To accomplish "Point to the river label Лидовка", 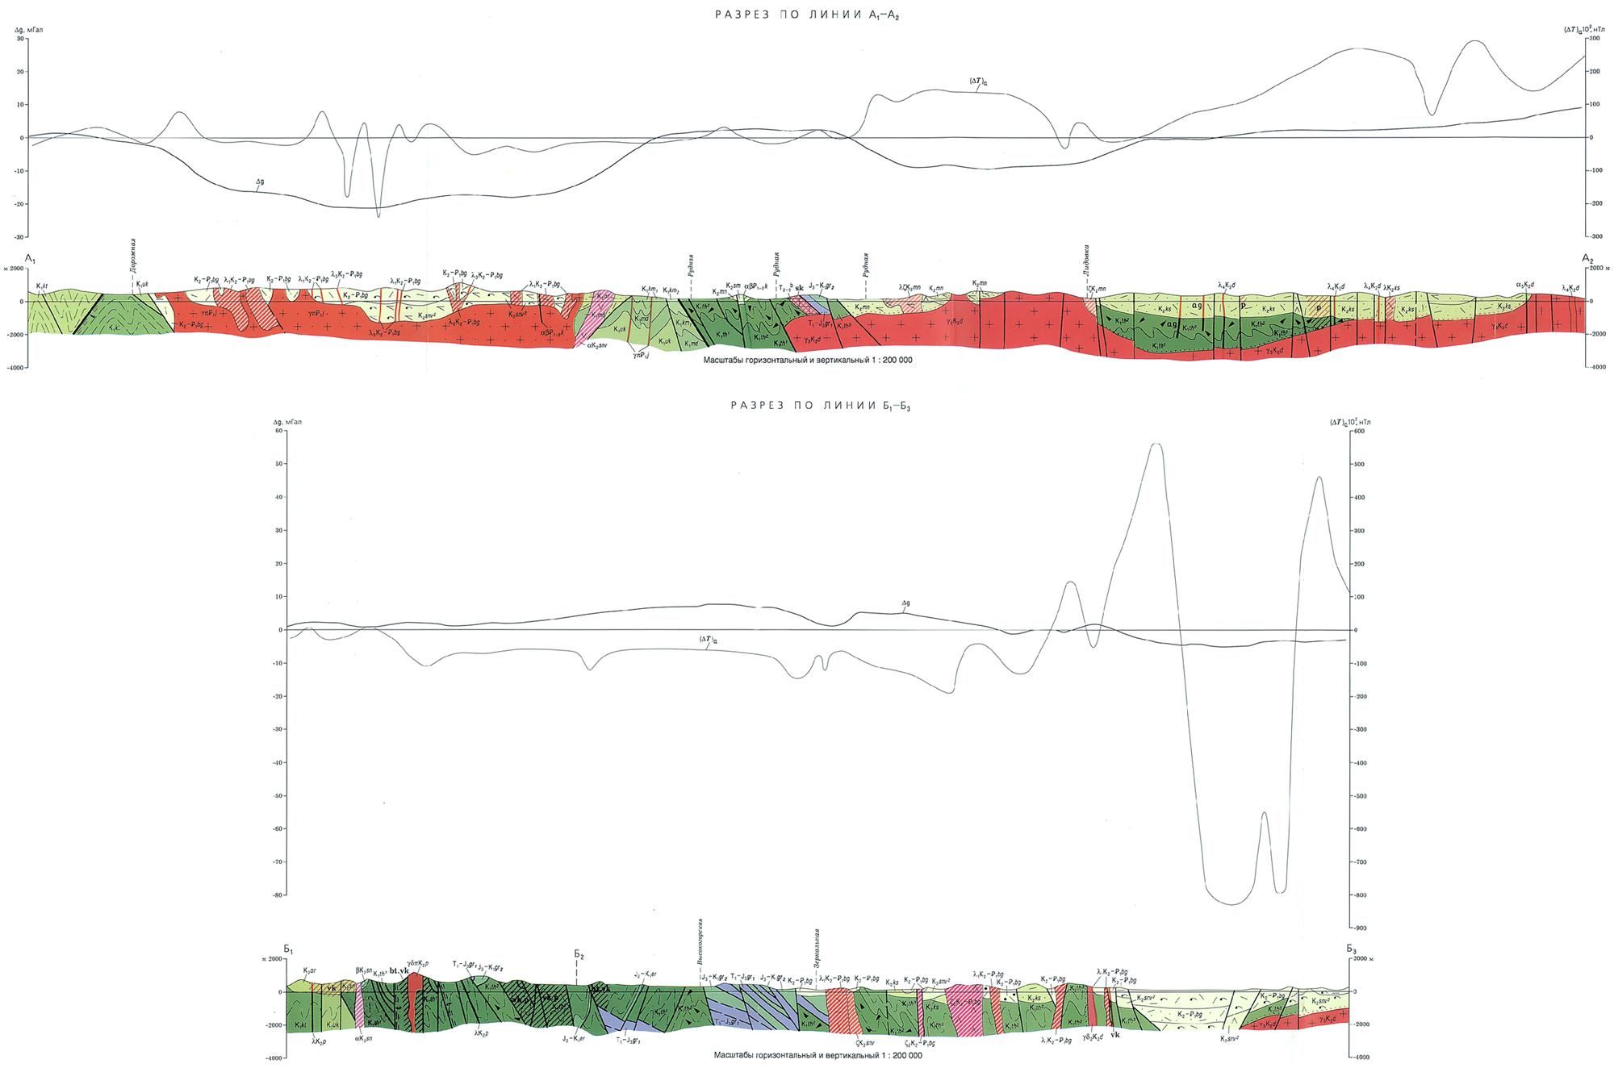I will [x=1087, y=260].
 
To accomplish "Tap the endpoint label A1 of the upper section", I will [x=31, y=258].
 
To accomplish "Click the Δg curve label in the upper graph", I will [x=260, y=182].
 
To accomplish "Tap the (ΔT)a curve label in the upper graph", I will [x=979, y=81].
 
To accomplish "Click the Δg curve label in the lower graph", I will [x=905, y=603].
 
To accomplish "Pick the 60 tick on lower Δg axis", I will [x=281, y=431].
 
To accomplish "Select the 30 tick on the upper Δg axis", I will [x=20, y=38].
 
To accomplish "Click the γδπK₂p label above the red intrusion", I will [x=419, y=963].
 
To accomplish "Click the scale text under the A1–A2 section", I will [x=808, y=361].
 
